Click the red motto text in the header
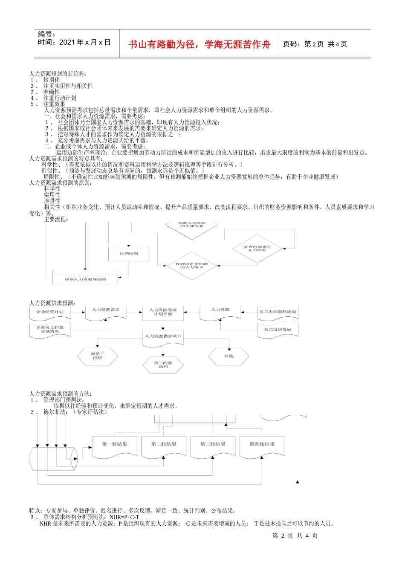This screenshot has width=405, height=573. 199,44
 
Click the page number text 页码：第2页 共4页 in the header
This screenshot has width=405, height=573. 315,44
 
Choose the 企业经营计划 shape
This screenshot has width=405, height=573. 50,313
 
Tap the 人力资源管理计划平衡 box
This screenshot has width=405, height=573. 163,312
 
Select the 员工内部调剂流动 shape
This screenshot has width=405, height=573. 278,313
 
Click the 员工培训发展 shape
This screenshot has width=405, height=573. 278,330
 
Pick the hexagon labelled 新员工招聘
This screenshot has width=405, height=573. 98,356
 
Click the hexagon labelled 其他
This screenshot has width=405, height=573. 229,356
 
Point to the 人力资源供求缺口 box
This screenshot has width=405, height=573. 163,337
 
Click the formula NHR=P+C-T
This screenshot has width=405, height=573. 124,517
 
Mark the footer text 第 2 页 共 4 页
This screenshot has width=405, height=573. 295,536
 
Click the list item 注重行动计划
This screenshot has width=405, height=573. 59,98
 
